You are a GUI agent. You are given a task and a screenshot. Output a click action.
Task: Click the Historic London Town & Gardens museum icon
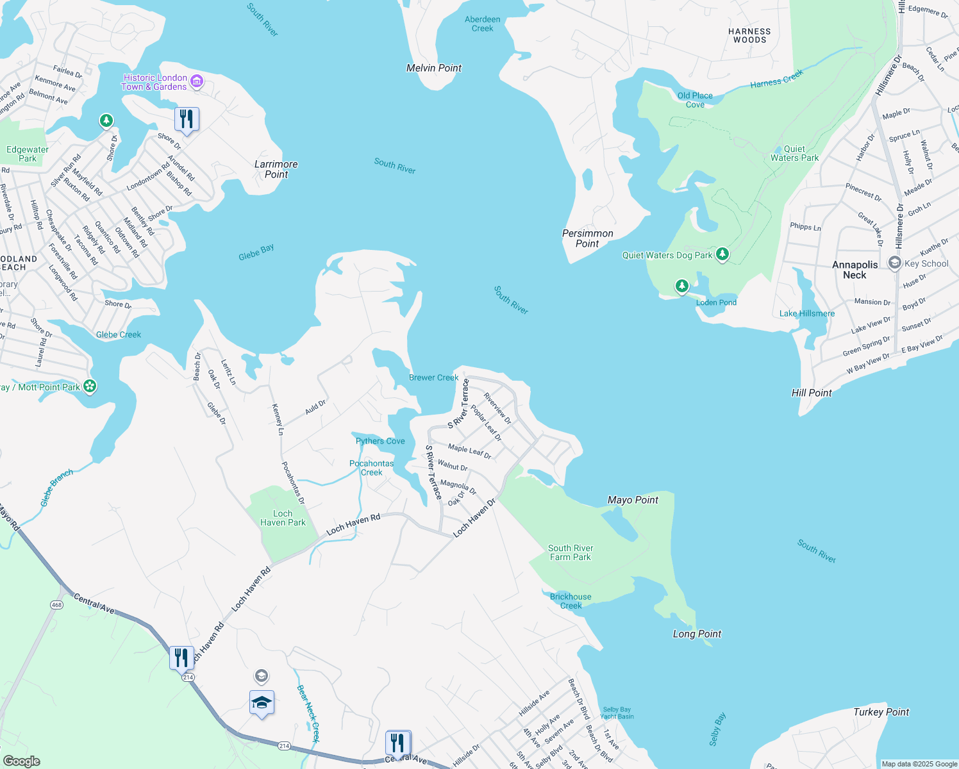tap(197, 81)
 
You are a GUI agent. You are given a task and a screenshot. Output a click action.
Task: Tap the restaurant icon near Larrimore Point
tap(187, 120)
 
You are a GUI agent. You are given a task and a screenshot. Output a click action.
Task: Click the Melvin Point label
tap(434, 68)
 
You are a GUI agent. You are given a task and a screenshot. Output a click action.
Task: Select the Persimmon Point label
tap(587, 238)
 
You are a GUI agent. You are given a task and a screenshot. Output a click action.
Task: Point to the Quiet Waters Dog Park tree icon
tap(722, 254)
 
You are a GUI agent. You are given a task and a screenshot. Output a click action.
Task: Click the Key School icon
tap(894, 263)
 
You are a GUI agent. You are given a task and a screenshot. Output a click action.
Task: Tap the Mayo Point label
tap(633, 500)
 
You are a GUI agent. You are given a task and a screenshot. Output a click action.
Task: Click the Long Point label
tap(697, 634)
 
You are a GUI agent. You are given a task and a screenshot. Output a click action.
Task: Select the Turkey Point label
tap(881, 712)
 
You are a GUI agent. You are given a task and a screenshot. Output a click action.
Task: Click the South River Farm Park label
tap(571, 552)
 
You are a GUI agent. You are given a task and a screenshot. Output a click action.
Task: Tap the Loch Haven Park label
tap(283, 518)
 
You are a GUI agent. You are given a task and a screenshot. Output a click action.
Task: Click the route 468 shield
tap(56, 605)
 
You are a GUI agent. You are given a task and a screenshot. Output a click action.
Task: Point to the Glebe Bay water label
tap(256, 252)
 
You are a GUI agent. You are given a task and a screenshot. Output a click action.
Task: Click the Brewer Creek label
tap(433, 377)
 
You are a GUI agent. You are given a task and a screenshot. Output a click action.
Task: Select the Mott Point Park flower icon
tap(90, 386)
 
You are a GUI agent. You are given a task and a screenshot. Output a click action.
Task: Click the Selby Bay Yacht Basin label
tap(617, 713)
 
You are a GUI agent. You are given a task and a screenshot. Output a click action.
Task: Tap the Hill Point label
tap(812, 393)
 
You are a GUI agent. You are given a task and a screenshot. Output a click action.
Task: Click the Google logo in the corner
tap(21, 761)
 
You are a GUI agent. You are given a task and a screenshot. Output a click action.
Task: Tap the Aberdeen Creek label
tap(482, 24)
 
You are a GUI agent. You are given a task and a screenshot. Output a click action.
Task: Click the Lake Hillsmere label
tap(806, 313)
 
